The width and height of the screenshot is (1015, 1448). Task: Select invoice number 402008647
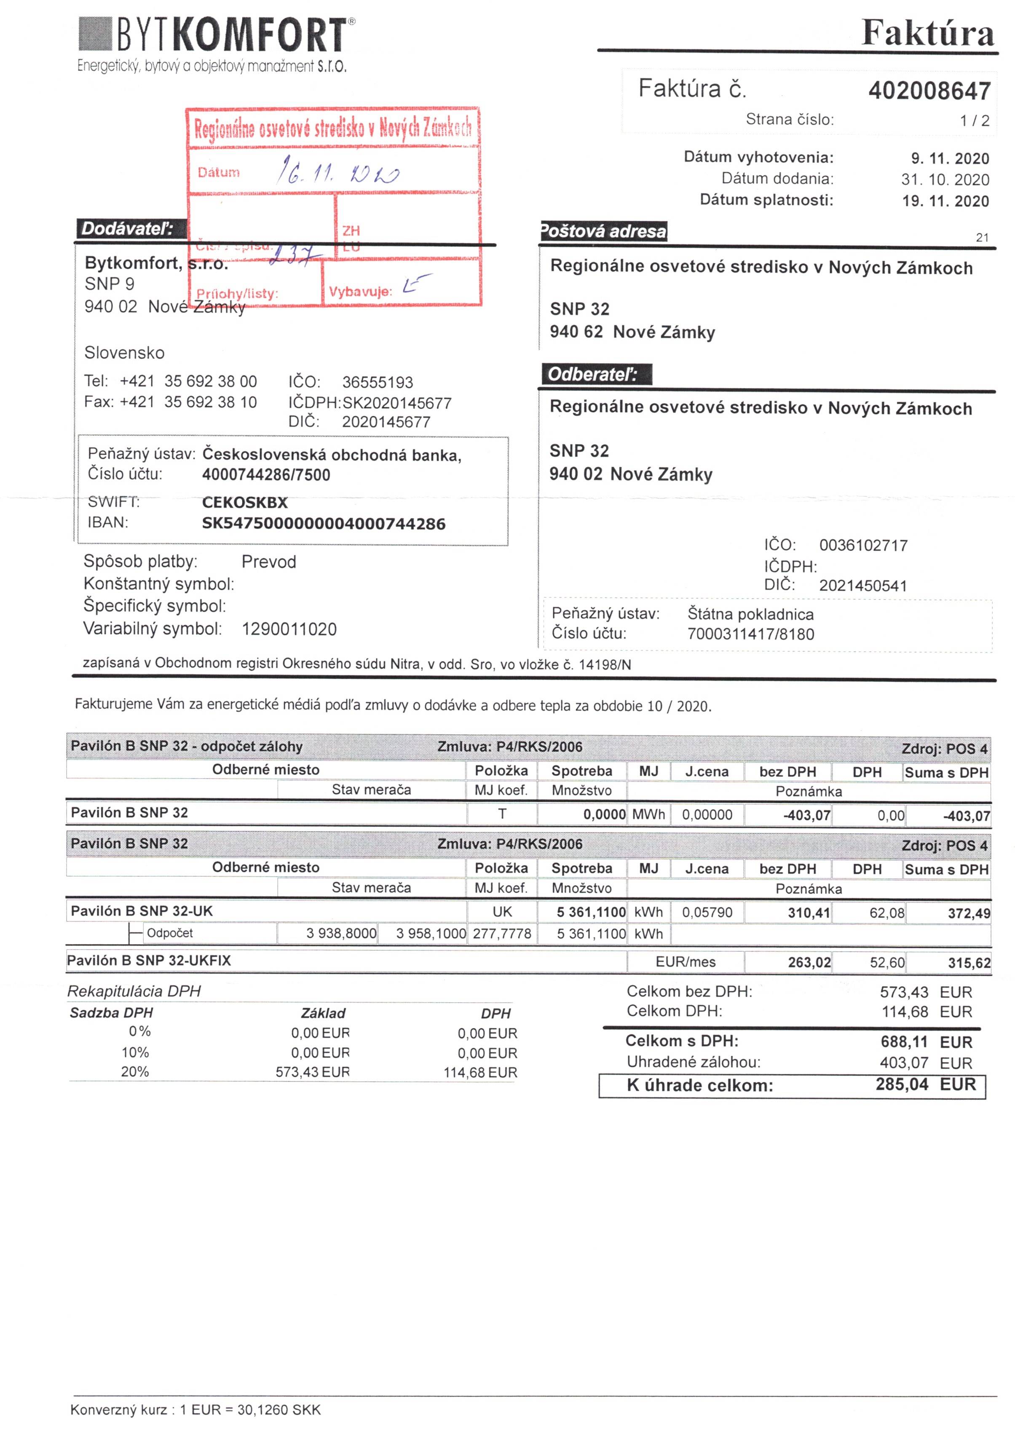pyautogui.click(x=929, y=91)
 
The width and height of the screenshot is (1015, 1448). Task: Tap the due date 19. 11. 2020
pyautogui.click(x=945, y=201)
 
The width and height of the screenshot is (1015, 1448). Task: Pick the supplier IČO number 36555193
pyautogui.click(x=377, y=382)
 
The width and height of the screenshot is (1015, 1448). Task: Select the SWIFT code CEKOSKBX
pyautogui.click(x=245, y=503)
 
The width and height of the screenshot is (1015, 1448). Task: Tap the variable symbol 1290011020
pyautogui.click(x=289, y=629)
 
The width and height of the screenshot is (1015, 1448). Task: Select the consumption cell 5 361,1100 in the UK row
pyautogui.click(x=590, y=912)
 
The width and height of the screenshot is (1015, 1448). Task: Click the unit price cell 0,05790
pyautogui.click(x=707, y=912)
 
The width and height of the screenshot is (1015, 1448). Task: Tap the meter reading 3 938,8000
pyautogui.click(x=340, y=933)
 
